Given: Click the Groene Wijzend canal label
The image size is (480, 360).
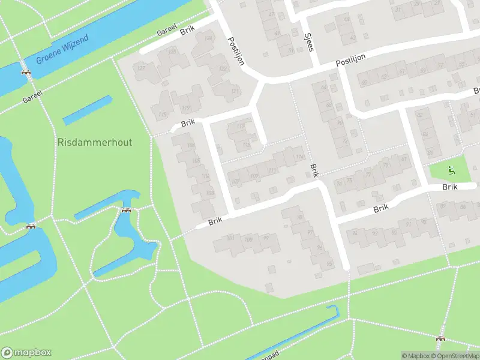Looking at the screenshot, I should click(62, 50).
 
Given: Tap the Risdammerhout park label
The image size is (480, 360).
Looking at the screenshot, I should click(95, 142).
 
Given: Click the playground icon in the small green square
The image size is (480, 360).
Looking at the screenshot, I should click(451, 171).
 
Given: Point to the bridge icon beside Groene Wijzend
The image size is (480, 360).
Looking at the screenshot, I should click(26, 73).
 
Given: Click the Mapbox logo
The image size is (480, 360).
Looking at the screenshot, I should click(26, 353).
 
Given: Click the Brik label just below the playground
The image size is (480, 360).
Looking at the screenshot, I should click(450, 187).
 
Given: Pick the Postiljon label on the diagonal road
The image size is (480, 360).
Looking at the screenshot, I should click(235, 51).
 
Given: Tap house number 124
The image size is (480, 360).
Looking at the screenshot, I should click(208, 40).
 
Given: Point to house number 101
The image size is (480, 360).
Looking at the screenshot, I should click(232, 238).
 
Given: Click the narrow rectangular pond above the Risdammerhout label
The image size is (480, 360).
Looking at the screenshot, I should click(87, 110).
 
